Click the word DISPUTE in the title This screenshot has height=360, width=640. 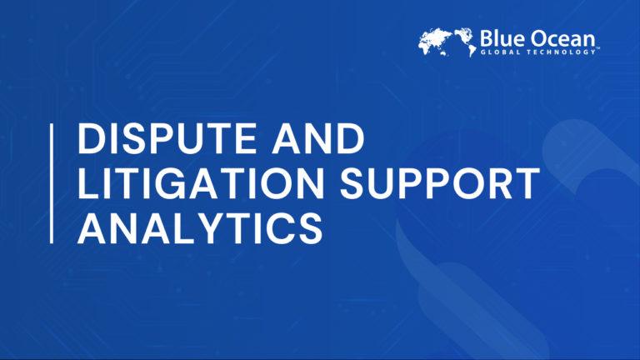(167, 139)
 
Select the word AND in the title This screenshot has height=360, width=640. (318, 139)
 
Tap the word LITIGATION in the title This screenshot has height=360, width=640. (201, 183)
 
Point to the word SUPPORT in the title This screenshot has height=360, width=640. (440, 183)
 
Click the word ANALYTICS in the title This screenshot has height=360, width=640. (200, 228)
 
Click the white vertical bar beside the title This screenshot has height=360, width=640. (52, 183)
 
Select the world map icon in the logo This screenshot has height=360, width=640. (447, 42)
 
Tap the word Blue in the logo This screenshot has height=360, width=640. (502, 39)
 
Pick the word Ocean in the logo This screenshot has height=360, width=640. (563, 39)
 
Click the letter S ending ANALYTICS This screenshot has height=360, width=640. (310, 228)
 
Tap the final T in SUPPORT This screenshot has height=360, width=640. (527, 183)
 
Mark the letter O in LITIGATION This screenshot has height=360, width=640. (277, 183)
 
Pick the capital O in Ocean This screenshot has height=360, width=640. (539, 39)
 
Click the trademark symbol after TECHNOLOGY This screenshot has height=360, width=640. (598, 48)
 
